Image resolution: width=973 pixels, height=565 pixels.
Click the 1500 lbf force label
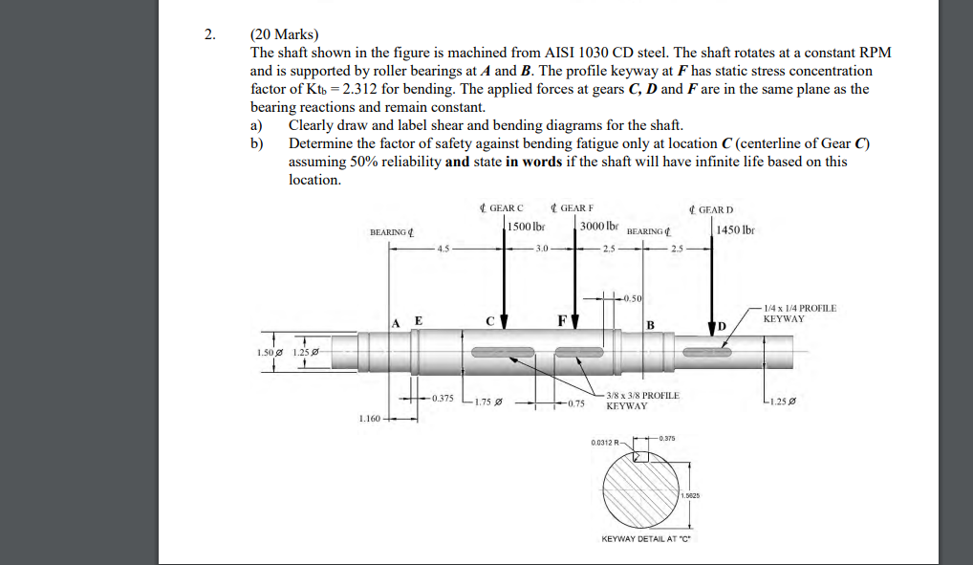[527, 227]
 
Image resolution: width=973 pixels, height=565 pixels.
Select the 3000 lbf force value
[599, 227]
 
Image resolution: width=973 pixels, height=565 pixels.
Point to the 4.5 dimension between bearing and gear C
[442, 250]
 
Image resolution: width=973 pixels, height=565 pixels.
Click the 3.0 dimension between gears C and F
[542, 250]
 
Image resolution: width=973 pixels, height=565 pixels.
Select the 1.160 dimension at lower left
[369, 418]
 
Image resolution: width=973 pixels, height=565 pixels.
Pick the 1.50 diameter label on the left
[267, 353]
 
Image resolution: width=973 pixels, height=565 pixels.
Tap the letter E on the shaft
[418, 320]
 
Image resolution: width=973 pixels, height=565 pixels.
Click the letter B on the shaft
[650, 324]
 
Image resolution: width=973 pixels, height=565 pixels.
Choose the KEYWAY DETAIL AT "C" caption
[645, 538]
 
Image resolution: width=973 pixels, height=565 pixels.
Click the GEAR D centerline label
[711, 209]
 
